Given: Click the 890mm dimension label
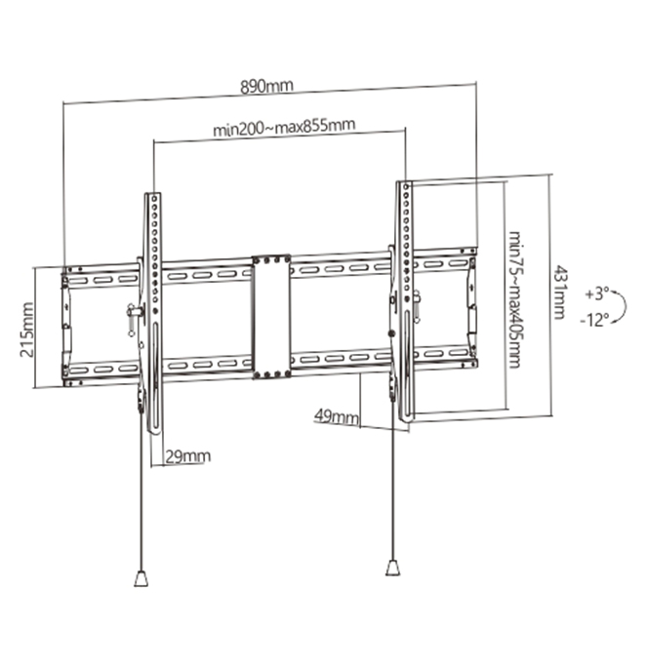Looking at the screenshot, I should point(267,86).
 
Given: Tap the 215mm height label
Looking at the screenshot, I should point(26,329).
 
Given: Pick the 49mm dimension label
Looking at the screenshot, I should point(335,418).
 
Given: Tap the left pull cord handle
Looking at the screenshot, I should point(142,578).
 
